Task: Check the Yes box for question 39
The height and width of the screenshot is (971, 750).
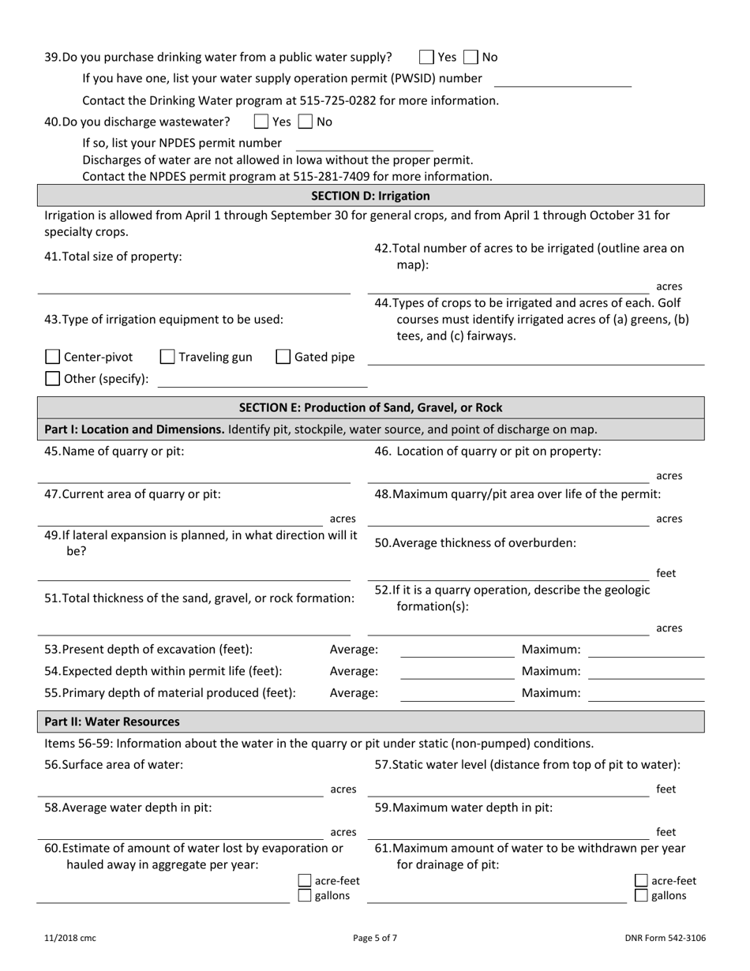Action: (426, 57)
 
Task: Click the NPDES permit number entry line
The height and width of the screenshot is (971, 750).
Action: (364, 144)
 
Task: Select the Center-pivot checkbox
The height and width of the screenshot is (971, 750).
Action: (52, 357)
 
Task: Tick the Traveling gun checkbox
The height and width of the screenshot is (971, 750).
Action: (167, 357)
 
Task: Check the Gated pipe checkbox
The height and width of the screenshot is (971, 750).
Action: (283, 357)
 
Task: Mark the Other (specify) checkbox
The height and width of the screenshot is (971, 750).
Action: (52, 378)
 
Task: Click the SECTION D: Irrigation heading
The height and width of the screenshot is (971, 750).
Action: (371, 196)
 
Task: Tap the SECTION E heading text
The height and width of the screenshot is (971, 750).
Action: (371, 407)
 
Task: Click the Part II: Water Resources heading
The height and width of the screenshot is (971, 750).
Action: (112, 722)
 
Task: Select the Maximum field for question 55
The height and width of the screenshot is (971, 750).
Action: (646, 694)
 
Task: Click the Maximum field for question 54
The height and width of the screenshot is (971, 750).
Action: (646, 673)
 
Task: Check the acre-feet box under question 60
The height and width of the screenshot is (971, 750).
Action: (305, 881)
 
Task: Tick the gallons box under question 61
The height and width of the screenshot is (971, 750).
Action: (642, 896)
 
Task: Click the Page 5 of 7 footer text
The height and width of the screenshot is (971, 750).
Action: (375, 939)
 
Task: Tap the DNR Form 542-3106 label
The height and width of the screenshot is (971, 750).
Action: (665, 939)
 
